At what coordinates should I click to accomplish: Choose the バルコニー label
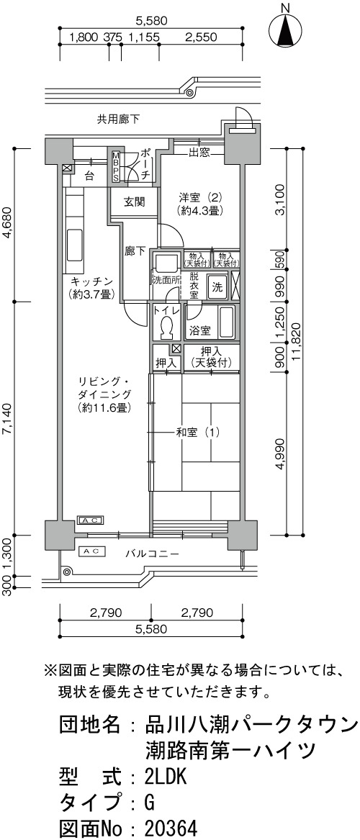[152, 554]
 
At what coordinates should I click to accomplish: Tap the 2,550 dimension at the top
[200, 37]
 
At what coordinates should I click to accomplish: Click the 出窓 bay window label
[198, 154]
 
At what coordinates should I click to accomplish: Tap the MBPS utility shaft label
[116, 166]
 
